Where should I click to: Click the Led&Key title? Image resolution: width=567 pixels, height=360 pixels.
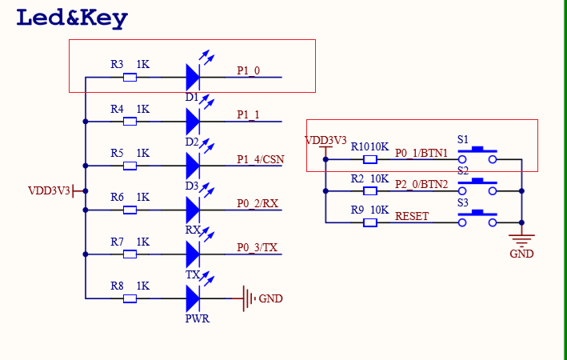coord(72,18)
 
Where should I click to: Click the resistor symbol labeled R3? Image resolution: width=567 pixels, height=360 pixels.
coord(130,78)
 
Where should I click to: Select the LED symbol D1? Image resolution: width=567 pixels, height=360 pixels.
coord(192,78)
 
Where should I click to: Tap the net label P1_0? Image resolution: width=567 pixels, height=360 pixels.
coord(249,70)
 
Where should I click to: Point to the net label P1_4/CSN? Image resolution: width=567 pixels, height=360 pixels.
coord(261,158)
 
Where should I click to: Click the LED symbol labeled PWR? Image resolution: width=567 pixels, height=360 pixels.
coord(192,298)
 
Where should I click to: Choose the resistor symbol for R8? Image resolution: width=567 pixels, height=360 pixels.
coord(130,298)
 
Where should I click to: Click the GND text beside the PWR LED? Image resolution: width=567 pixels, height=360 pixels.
coord(270,299)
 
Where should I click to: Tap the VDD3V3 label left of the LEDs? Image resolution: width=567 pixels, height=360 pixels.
coord(50,190)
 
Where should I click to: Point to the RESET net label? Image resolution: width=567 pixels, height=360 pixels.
coord(412,216)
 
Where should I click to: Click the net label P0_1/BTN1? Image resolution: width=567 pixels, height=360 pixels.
coord(421,153)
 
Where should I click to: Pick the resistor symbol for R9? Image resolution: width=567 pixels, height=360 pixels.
coord(369,222)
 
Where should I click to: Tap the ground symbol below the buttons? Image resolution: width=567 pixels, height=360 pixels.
coord(521,238)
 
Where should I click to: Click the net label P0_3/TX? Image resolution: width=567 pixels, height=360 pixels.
coord(257,247)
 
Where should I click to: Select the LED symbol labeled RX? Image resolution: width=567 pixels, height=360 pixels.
coord(192,210)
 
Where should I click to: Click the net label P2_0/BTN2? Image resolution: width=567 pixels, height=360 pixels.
coord(421,184)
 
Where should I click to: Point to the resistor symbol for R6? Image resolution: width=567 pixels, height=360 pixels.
coord(130,210)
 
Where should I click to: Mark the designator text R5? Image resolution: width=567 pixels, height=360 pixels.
coord(118,153)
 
